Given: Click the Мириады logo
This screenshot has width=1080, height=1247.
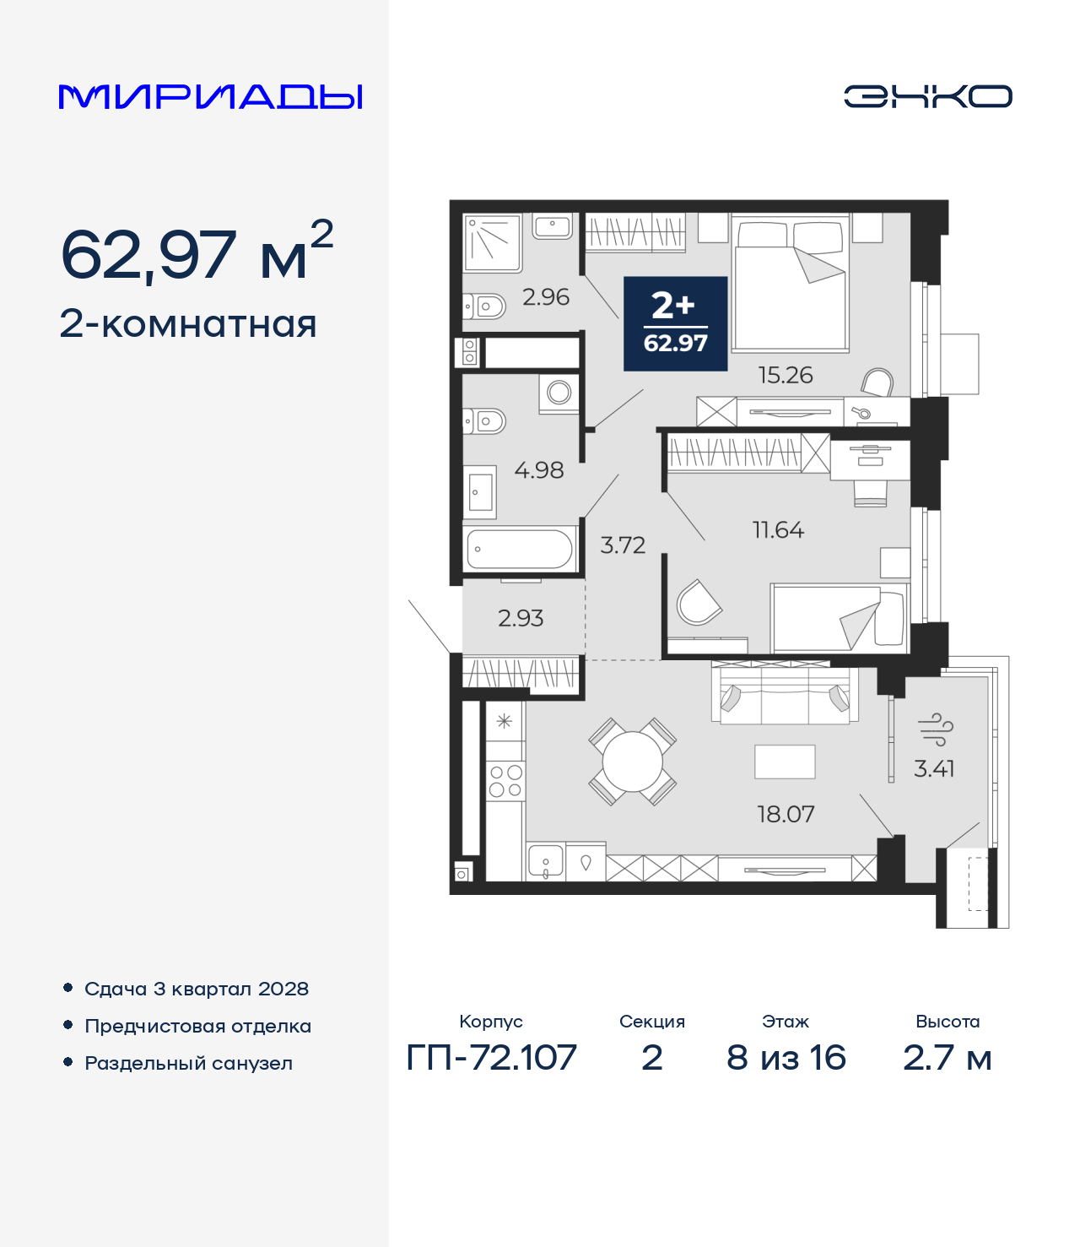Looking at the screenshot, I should [x=211, y=97].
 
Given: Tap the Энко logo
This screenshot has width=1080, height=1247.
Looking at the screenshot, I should [x=927, y=96].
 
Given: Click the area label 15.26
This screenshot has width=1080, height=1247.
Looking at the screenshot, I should [x=785, y=375].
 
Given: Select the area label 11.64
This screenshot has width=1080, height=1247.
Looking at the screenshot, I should [x=778, y=530].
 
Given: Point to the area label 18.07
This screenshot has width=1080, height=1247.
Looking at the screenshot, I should [x=786, y=814].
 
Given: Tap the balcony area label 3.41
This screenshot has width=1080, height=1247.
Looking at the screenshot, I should [x=934, y=768].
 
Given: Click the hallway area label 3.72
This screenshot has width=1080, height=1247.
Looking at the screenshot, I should [x=623, y=545].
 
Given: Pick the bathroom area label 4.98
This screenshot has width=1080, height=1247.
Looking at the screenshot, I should [x=538, y=470].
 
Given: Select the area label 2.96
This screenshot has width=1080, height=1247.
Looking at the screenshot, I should [x=546, y=297].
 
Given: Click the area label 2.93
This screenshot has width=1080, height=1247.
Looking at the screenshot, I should [x=521, y=618].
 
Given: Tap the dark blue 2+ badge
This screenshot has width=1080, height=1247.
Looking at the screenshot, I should [x=675, y=323].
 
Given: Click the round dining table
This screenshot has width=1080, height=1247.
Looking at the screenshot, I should [x=632, y=762].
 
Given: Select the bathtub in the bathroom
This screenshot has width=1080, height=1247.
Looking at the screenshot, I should [x=520, y=549].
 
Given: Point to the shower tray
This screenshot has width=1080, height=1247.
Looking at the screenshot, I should [x=493, y=242].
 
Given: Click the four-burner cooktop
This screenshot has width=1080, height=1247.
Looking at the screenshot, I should [x=505, y=781].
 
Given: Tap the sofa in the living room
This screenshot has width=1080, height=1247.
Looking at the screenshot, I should [x=785, y=696].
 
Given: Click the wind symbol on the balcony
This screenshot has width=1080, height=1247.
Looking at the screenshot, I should [x=935, y=729].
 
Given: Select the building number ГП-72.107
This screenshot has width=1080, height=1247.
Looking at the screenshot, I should [x=491, y=1057].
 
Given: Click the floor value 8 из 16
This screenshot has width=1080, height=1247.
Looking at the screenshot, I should [x=786, y=1057].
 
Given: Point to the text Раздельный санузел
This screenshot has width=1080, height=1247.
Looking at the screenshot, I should [x=188, y=1063].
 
